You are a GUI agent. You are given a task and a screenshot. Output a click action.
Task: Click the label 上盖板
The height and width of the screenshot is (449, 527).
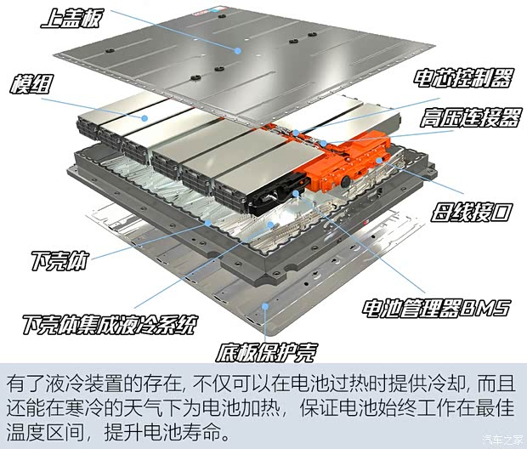coord(71,18)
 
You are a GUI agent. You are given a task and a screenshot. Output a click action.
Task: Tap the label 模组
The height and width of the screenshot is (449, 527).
coord(31,84)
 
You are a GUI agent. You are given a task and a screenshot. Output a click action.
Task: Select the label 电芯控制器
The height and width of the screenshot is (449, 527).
coord(462,78)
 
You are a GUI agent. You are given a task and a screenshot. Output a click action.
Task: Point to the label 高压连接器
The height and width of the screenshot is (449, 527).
coord(470,117)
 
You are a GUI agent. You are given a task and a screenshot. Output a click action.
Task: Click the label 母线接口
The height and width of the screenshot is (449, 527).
coord(471,212)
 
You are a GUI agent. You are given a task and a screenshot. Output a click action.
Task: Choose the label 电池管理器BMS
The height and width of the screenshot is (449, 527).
coord(436,309)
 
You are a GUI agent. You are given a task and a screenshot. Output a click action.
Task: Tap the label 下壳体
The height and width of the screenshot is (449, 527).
coord(60,261)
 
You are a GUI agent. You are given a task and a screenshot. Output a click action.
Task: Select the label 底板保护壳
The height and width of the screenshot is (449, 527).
coord(266,352)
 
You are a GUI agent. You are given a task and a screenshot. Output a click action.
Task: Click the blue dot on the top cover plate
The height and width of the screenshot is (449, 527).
coord(238,51)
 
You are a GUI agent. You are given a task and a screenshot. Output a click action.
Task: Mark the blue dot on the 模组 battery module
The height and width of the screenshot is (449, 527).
coord(144,118)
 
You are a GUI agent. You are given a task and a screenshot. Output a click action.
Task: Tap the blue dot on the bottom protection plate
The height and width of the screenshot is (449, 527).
coord(265,306)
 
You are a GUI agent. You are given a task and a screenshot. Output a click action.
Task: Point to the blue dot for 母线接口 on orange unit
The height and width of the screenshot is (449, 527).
coord(379,160)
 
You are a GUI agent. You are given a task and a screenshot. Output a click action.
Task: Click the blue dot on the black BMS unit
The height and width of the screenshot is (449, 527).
coord(296,193)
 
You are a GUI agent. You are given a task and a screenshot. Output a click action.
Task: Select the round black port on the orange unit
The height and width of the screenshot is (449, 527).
coord(346,183)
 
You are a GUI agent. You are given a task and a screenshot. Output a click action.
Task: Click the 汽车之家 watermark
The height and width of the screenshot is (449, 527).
coord(502,440)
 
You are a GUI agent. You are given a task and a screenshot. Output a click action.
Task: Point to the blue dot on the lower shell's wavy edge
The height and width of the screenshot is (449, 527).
coord(208,223)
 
